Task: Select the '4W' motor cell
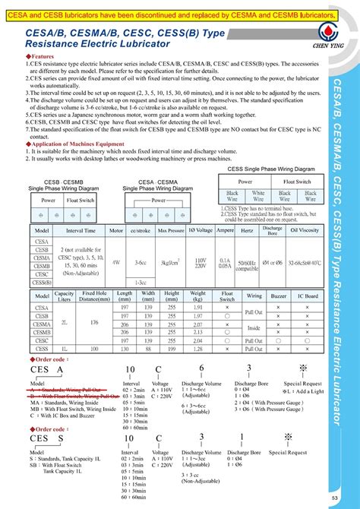pos(115,262)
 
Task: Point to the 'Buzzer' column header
pos(279,296)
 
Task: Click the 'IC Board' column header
pos(308,296)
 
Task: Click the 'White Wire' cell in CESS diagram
pos(257,195)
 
